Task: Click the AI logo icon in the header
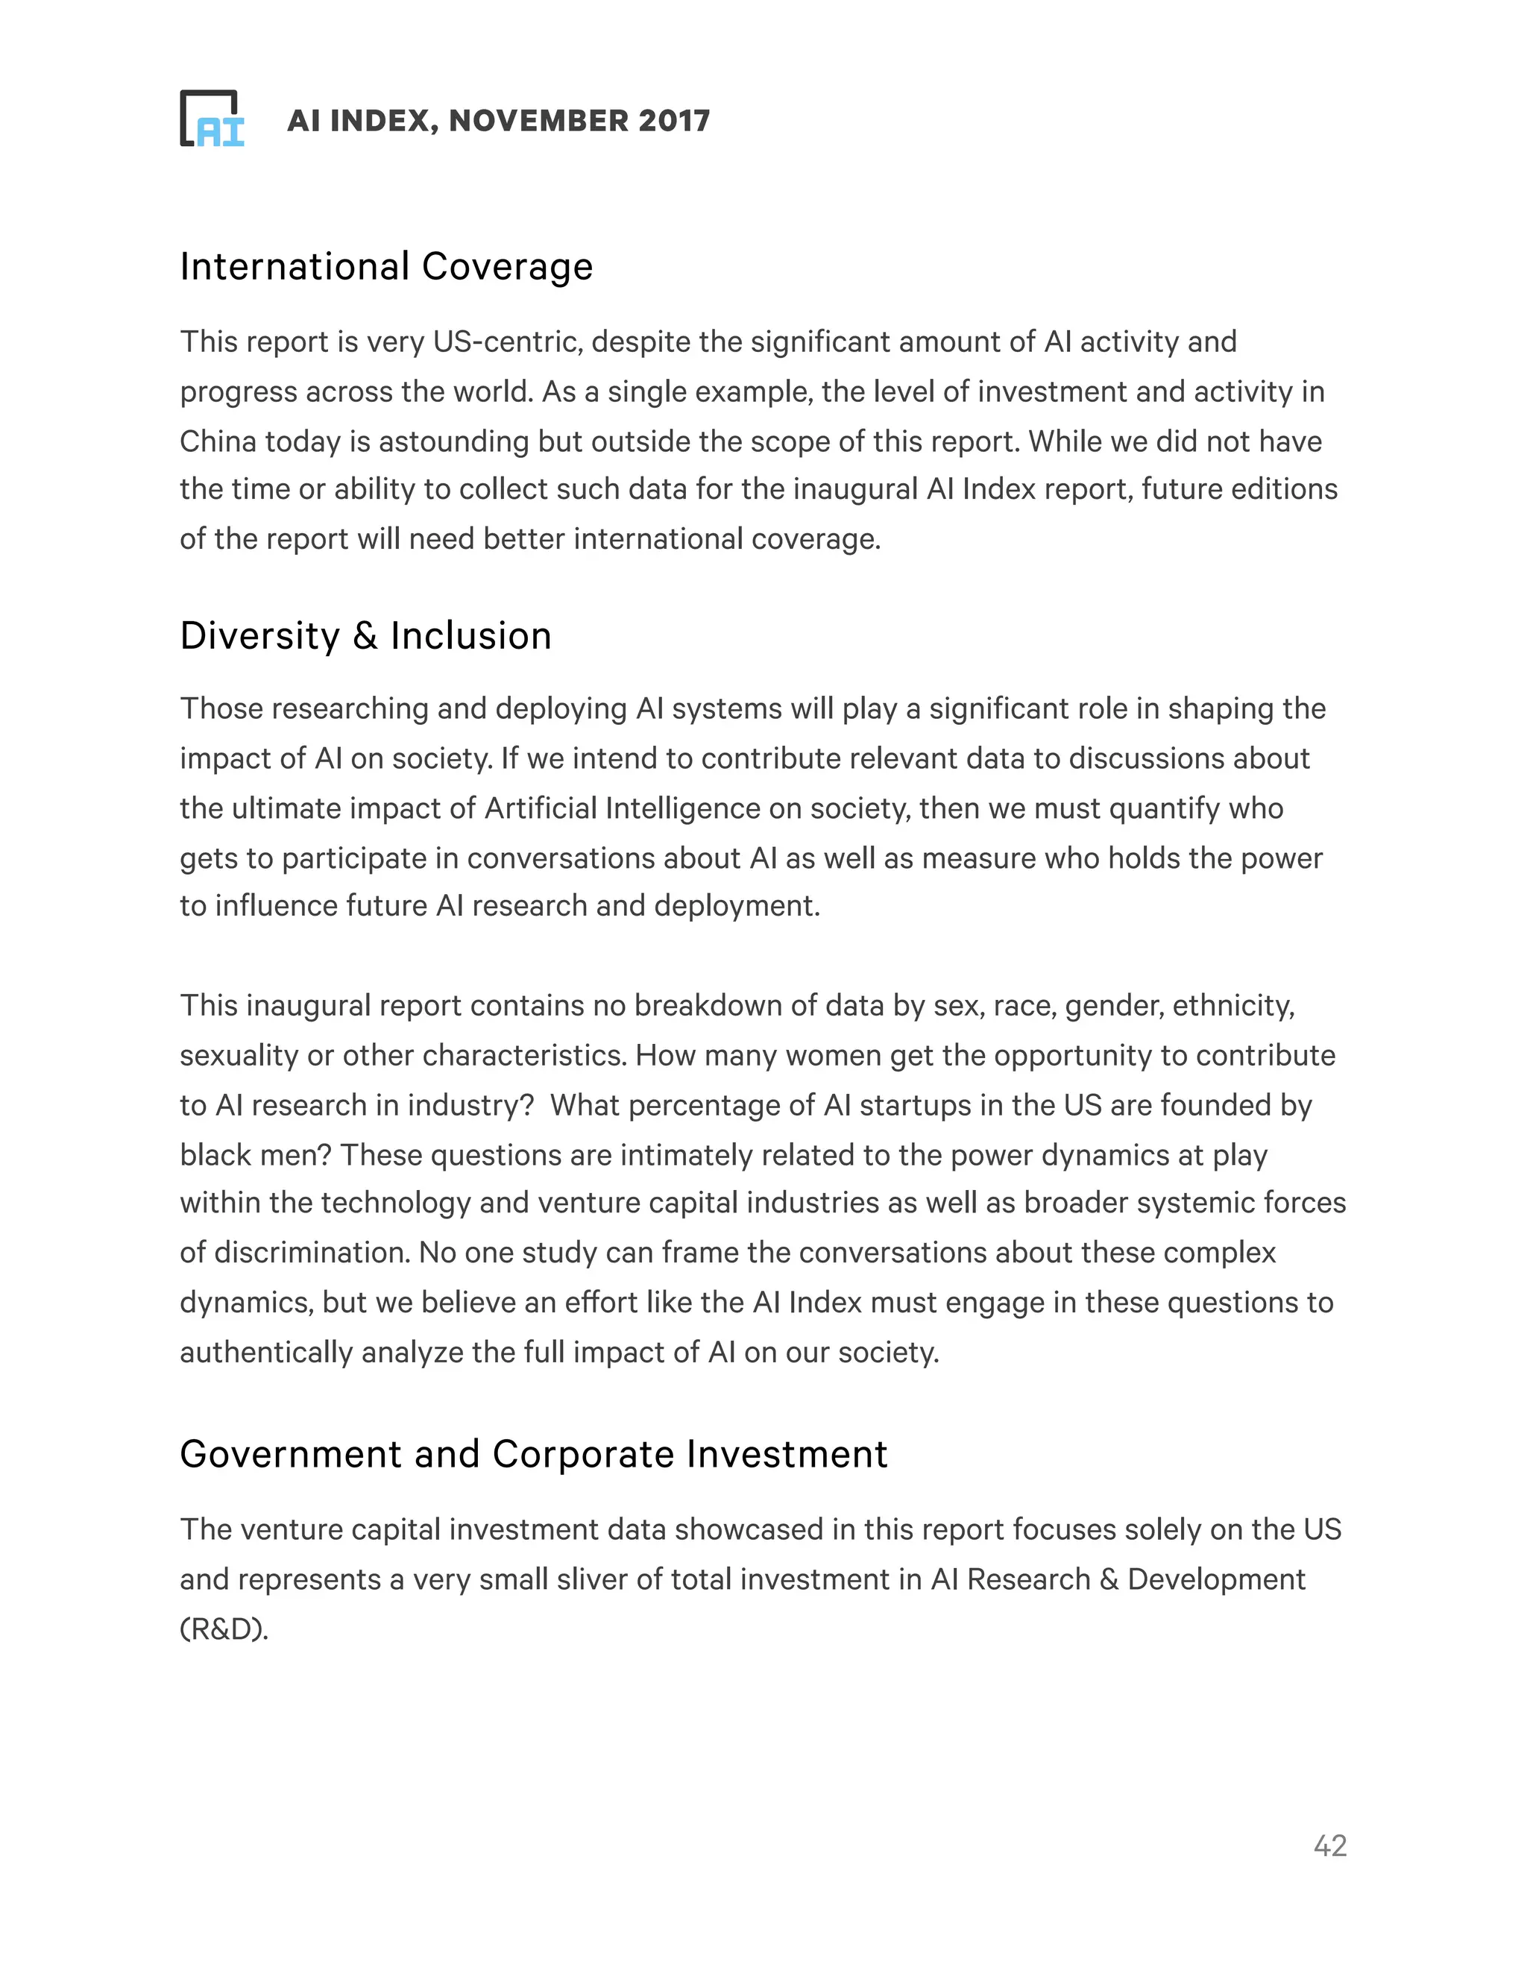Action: pos(212,119)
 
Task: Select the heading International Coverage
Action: pos(386,267)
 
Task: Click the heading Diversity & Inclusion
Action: pos(365,636)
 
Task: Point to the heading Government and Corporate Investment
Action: pos(534,1454)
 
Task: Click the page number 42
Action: pos(1329,1846)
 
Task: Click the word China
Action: pos(218,441)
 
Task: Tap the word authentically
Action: pos(266,1353)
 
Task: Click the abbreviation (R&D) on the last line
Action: pos(224,1629)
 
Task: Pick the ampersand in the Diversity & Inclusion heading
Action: pos(365,636)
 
